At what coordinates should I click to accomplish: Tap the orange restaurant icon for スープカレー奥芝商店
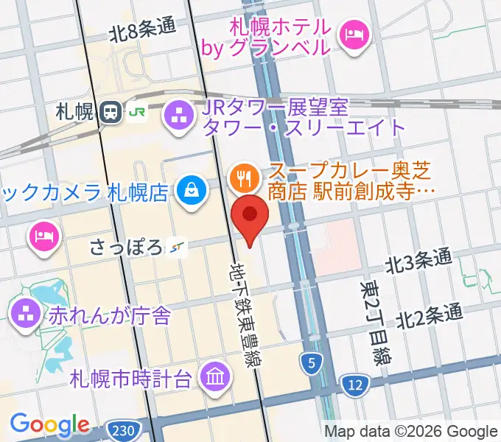(242, 178)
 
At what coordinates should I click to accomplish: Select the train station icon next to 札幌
(111, 112)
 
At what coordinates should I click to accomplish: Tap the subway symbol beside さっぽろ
(176, 247)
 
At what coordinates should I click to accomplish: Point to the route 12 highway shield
(355, 383)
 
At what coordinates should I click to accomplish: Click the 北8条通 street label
(142, 31)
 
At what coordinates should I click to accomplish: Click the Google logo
(49, 424)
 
